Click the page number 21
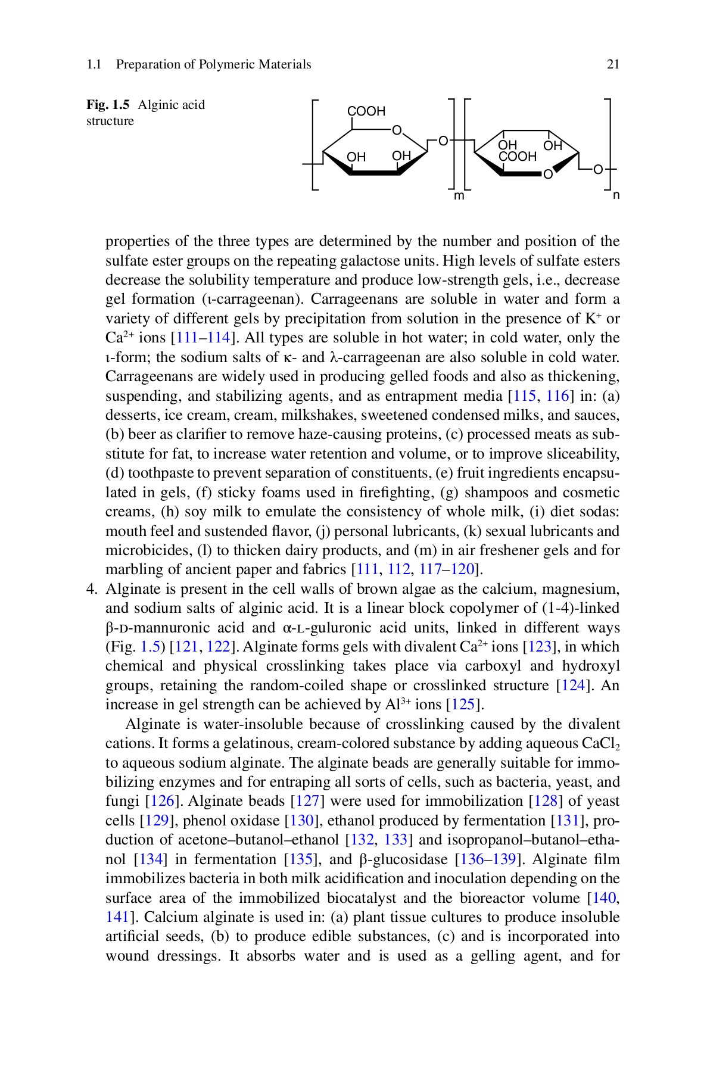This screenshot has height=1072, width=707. pyautogui.click(x=613, y=64)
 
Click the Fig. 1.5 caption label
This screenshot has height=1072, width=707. pyautogui.click(x=108, y=105)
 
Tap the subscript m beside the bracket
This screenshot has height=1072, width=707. pyautogui.click(x=459, y=196)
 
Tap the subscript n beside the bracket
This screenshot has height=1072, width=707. pyautogui.click(x=616, y=195)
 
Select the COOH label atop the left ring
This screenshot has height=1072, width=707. pyautogui.click(x=366, y=111)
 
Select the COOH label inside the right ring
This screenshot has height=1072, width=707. pyautogui.click(x=518, y=157)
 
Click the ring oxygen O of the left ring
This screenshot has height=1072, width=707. pyautogui.click(x=397, y=130)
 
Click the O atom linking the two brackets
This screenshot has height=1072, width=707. pyautogui.click(x=443, y=141)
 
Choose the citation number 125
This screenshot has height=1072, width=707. pyautogui.click(x=463, y=705)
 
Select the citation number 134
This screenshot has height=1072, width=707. pyautogui.click(x=151, y=859)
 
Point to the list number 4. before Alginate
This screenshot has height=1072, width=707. pyautogui.click(x=92, y=589)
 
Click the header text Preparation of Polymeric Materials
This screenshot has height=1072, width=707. pyautogui.click(x=213, y=64)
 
